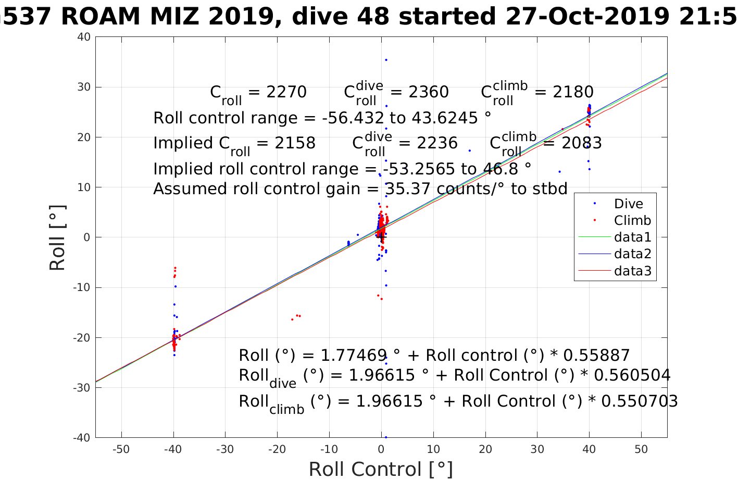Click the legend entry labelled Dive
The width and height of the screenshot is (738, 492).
[x=628, y=204]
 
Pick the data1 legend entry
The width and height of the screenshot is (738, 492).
[x=632, y=237]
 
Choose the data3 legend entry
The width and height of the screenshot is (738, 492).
[x=632, y=271]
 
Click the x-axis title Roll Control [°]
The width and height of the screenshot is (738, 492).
[x=381, y=470]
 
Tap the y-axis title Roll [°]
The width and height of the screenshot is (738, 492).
[x=57, y=237]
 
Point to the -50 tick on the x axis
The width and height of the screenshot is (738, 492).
[x=121, y=449]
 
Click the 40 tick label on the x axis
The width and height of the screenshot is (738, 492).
[x=589, y=449]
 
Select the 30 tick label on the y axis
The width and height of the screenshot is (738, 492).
[x=84, y=87]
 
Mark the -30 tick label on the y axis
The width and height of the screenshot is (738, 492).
[x=82, y=388]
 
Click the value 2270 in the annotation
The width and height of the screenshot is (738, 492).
[x=286, y=92]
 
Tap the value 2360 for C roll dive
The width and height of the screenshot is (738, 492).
[x=428, y=92]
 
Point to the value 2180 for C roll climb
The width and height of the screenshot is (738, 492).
[x=573, y=92]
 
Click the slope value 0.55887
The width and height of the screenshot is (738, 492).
[x=597, y=356]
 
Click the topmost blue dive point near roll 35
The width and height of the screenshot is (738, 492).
[x=386, y=60]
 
